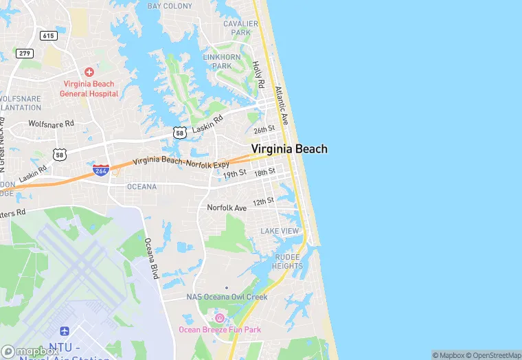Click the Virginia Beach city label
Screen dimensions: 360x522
pos(289,148)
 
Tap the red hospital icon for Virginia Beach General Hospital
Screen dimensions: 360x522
pos(89,71)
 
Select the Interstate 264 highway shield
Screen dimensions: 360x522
pos(101,169)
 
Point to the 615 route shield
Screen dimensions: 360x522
pos(48,35)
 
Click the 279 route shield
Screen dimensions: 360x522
pos(25,54)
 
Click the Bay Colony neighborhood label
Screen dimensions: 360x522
pos(170,6)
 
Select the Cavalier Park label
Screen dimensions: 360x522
pos(240,28)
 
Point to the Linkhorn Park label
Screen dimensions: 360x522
pos(222,60)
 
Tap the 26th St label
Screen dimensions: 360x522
pos(264,129)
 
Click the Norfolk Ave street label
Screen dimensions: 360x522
pos(227,207)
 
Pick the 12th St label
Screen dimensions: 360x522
pos(263,201)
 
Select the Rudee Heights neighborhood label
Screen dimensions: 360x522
pos(286,261)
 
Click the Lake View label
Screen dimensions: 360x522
pos(279,231)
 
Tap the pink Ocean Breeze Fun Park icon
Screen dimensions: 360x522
pos(220,317)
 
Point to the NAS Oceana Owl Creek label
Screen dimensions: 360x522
pos(227,297)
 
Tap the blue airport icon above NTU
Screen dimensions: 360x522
pos(65,332)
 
